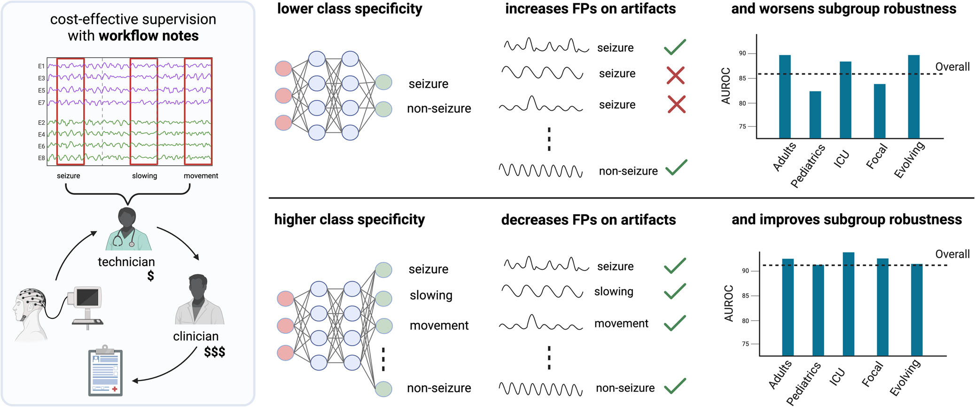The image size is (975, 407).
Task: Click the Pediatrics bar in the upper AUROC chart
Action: point(815,115)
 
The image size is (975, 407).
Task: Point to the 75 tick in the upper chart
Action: point(742,126)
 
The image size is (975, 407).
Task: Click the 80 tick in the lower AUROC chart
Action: point(745,321)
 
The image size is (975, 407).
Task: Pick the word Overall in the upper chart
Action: point(952,67)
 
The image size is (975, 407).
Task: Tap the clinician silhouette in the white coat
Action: point(199,300)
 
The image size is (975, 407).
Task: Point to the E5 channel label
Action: point(41,90)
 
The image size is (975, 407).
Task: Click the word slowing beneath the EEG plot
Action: point(144,176)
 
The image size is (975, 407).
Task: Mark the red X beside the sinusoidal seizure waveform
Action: point(675,75)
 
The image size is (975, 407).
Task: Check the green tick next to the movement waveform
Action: point(675,323)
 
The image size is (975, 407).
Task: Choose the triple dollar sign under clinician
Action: point(214,352)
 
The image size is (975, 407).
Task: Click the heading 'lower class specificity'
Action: point(350,8)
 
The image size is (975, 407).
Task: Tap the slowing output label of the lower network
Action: point(431,295)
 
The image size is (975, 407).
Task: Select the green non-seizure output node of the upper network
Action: point(383,109)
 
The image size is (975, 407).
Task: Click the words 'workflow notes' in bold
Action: point(148,36)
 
